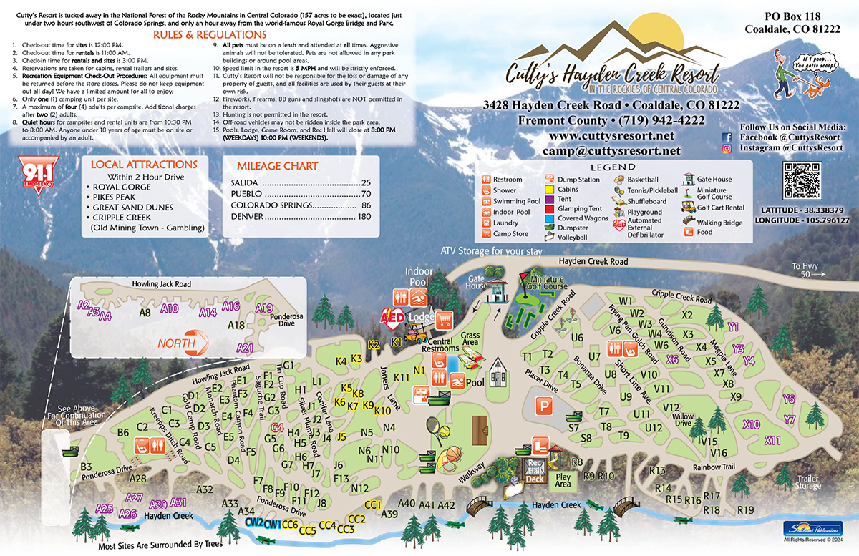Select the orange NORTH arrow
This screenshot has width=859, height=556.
tap(185, 343)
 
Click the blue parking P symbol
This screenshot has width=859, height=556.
tap(546, 405)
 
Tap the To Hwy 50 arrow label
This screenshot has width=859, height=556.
tap(808, 270)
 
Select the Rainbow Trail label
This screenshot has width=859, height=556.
tap(714, 467)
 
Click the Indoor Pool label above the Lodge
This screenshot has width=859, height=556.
tap(419, 277)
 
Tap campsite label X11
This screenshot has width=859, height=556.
tap(772, 440)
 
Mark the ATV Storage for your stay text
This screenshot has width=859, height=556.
tap(492, 252)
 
